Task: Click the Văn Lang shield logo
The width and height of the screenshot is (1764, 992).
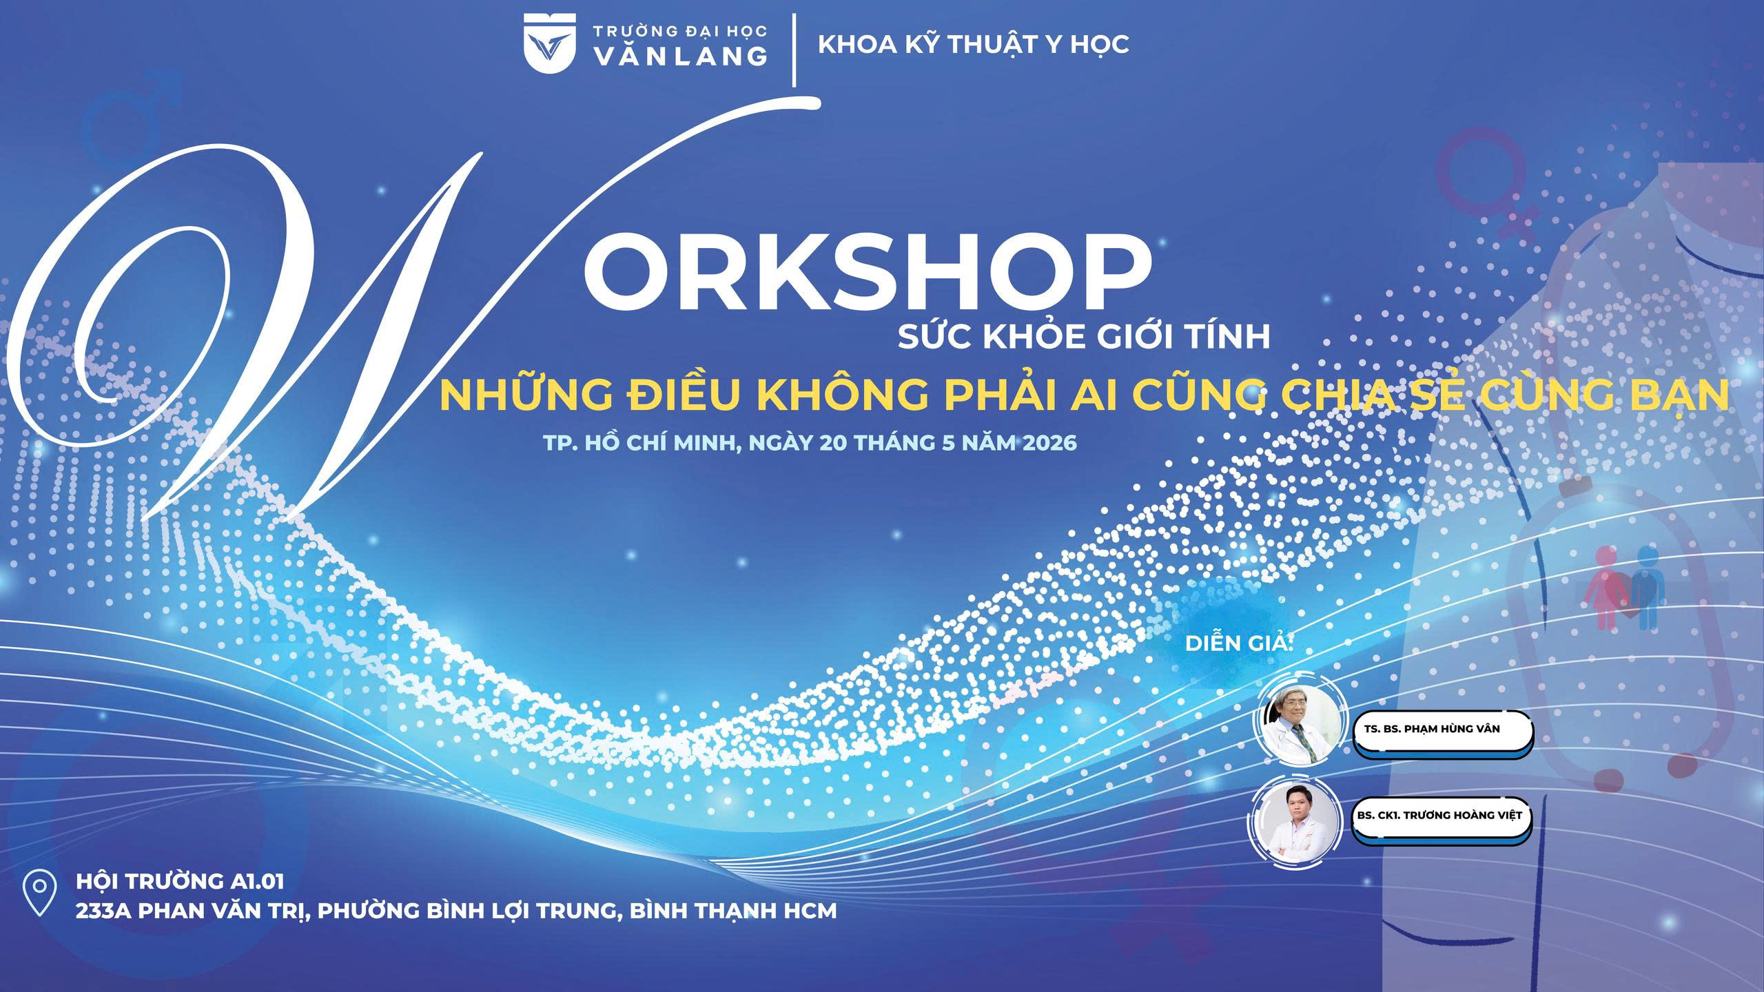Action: click(x=548, y=42)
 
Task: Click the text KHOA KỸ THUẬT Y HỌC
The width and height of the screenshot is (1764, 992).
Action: click(x=974, y=44)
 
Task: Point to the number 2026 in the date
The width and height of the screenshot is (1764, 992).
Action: click(x=1049, y=442)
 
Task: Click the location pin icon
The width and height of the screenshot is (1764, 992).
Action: click(x=39, y=893)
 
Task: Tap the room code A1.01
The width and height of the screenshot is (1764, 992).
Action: click(x=254, y=881)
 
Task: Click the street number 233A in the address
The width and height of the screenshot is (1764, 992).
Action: click(x=104, y=911)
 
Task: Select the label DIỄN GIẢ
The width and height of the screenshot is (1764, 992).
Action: click(x=1238, y=643)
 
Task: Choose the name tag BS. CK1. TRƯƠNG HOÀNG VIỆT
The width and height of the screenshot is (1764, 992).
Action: click(x=1439, y=816)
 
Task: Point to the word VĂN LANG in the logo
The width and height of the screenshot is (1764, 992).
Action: click(x=680, y=56)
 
